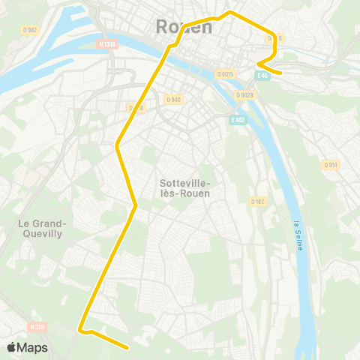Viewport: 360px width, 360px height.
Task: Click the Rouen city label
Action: [184, 27]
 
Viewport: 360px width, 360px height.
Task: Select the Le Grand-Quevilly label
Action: [43, 228]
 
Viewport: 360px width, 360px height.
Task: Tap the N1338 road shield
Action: [107, 44]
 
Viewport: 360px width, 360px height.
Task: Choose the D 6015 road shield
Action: [226, 73]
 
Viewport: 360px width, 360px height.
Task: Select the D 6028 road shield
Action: [244, 94]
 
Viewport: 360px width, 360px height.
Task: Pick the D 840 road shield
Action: [172, 99]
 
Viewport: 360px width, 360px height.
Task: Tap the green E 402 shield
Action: [238, 119]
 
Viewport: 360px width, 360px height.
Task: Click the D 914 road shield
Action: [330, 164]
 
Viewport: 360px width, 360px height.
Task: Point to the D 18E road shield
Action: [259, 201]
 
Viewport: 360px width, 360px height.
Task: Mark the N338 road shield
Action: [37, 326]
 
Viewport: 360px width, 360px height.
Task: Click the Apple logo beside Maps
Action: [11, 347]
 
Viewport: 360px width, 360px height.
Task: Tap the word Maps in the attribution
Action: [32, 347]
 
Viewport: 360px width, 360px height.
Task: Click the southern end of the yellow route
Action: [129, 348]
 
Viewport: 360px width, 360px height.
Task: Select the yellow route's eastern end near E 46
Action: [280, 73]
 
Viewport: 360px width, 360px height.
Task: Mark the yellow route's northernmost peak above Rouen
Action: [230, 12]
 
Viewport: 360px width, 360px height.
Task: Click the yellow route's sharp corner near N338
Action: [79, 328]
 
